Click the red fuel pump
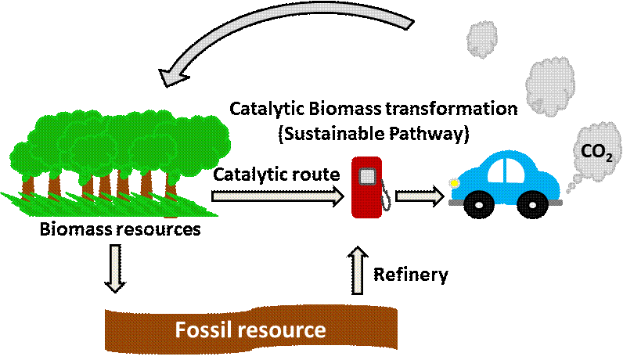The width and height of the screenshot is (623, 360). click(x=367, y=187)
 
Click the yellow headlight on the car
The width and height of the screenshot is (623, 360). click(x=453, y=183)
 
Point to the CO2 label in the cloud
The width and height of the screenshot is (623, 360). click(x=596, y=153)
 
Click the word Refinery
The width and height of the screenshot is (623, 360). click(x=411, y=275)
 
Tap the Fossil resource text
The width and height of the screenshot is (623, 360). click(x=250, y=329)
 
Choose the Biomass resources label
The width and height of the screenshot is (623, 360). click(x=120, y=229)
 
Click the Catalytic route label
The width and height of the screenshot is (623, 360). click(x=276, y=175)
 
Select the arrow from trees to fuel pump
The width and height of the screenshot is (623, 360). click(x=277, y=196)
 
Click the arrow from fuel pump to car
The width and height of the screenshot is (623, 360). click(x=420, y=196)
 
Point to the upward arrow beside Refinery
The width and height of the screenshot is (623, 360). click(x=358, y=271)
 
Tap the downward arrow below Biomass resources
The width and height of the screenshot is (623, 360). click(x=115, y=269)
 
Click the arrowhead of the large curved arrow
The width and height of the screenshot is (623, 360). click(x=171, y=76)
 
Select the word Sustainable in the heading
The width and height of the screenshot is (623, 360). click(x=332, y=134)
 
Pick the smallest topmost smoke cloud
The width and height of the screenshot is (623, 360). click(x=482, y=39)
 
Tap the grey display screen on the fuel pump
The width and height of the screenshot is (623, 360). click(x=367, y=176)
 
